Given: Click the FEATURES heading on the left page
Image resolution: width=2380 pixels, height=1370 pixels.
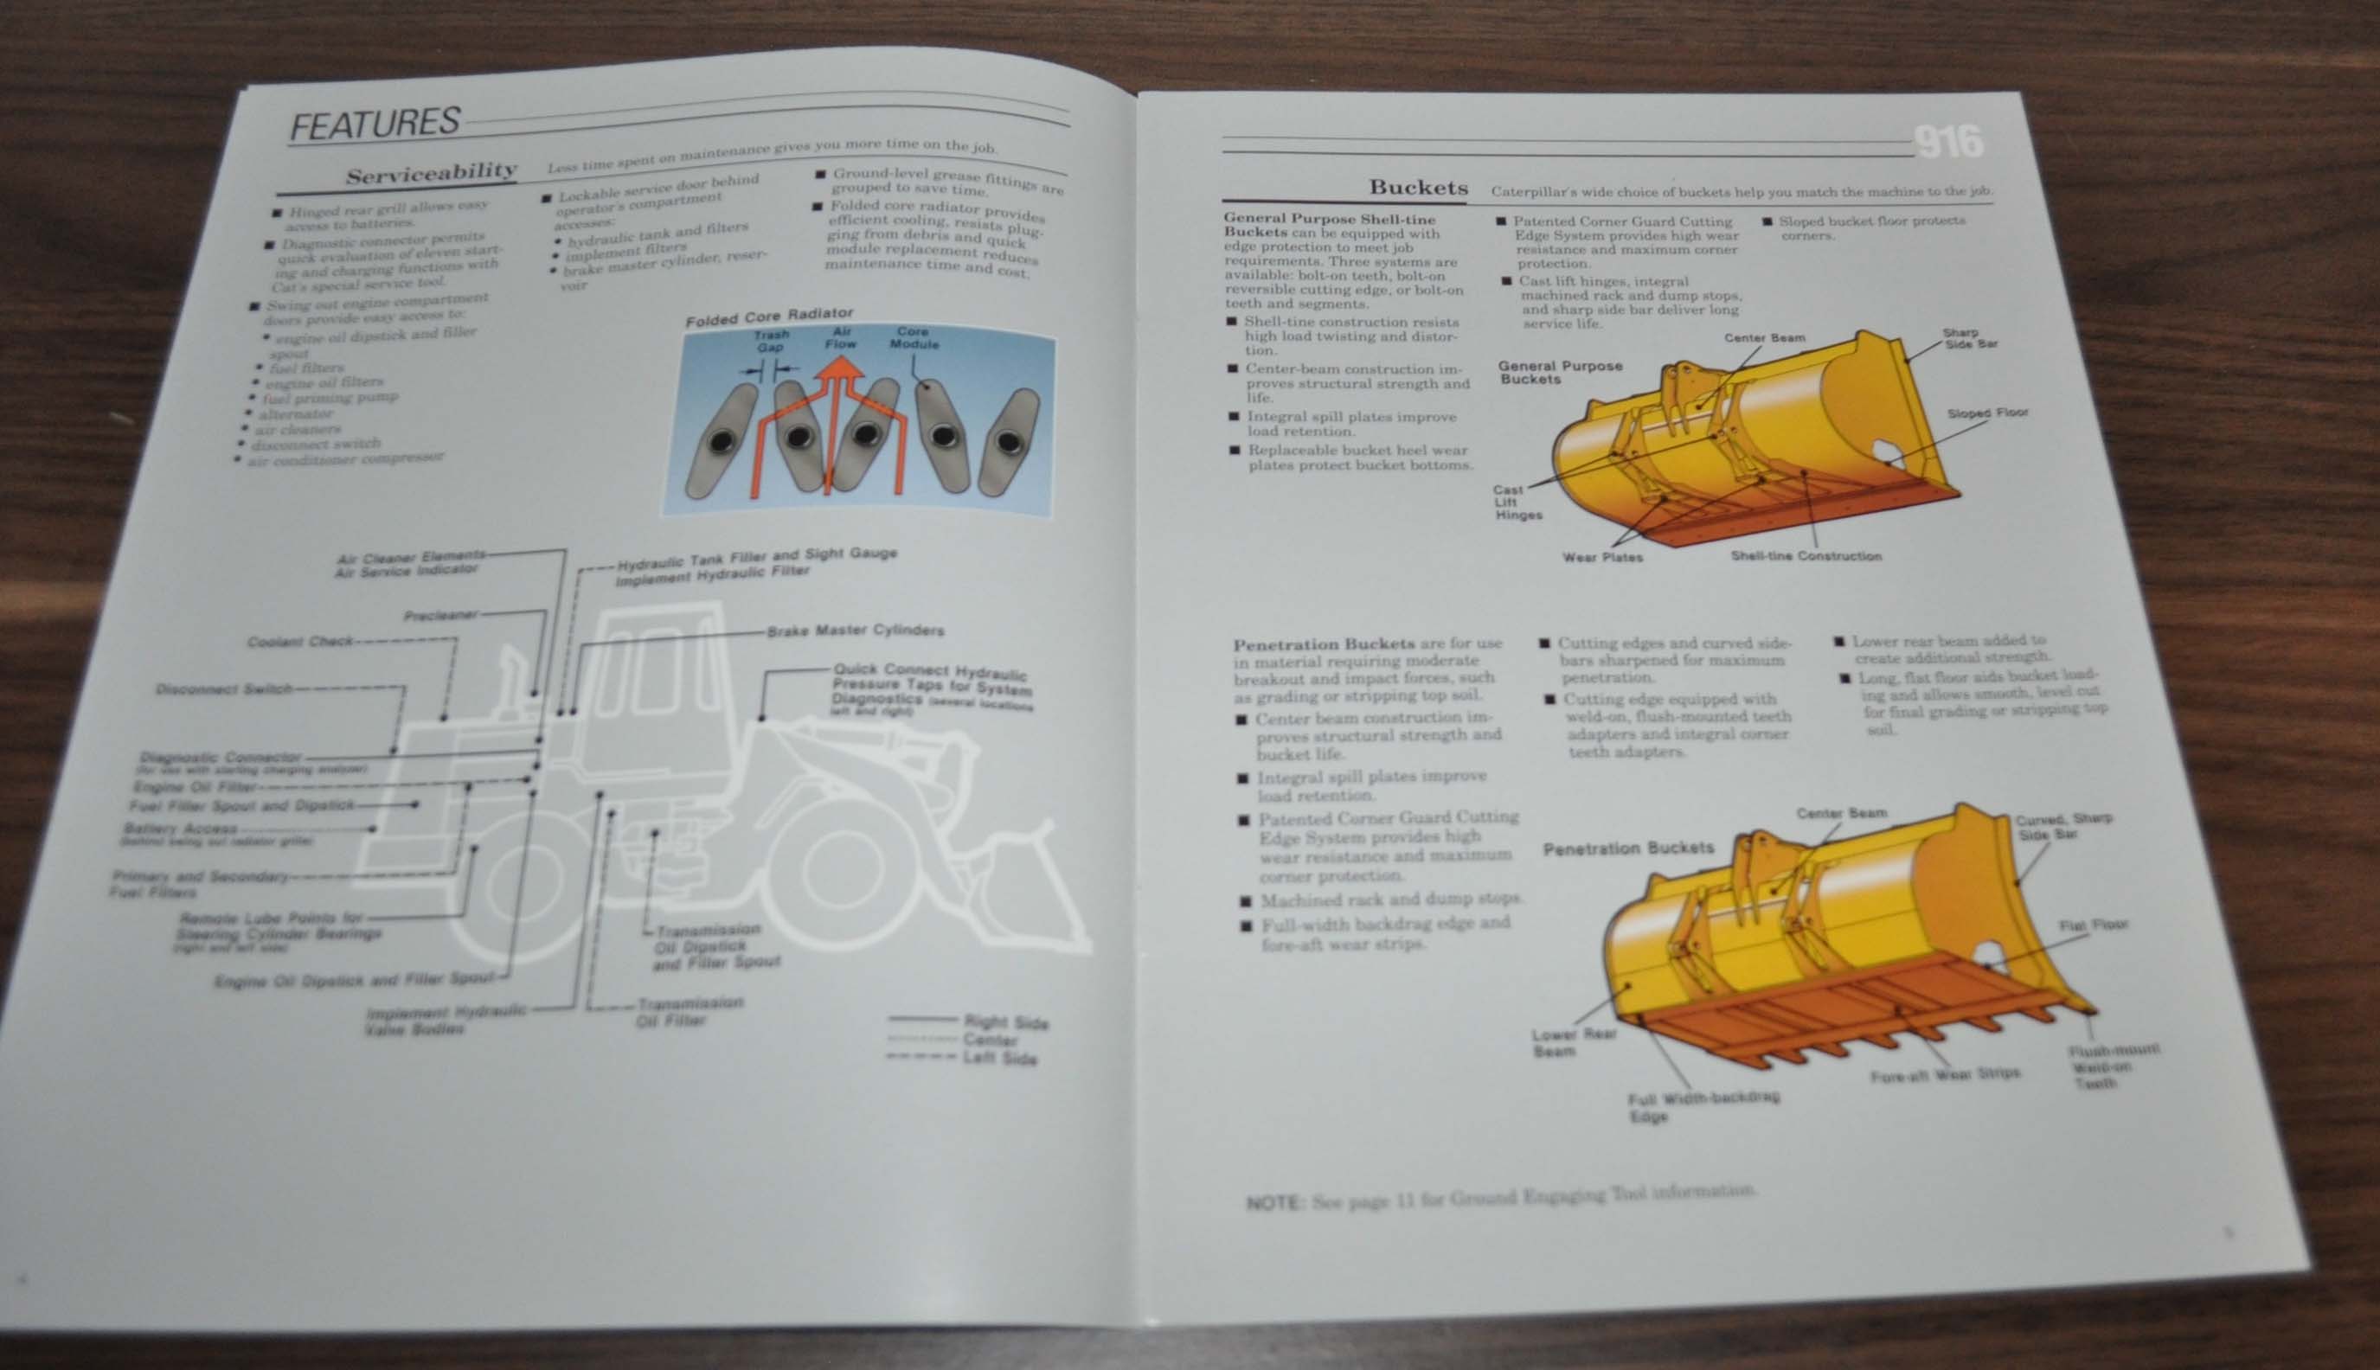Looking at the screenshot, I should tap(375, 124).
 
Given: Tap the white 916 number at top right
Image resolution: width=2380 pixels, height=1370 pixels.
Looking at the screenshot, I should tap(1948, 143).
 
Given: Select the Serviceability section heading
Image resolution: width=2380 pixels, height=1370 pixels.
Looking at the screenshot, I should tap(431, 174).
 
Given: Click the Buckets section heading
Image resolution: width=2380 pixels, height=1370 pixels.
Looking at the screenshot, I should tap(1417, 187).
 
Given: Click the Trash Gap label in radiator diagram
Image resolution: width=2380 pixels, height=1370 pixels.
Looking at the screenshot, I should tap(771, 342).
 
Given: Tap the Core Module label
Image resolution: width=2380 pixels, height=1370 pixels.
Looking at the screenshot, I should tap(914, 338).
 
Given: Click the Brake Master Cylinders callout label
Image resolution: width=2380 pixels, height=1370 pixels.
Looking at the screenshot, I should tap(855, 631).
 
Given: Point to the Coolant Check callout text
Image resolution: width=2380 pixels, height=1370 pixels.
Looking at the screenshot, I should tap(300, 642).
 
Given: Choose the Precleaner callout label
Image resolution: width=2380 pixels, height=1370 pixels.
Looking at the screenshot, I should tap(440, 615).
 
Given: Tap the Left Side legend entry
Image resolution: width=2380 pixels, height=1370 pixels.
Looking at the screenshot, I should tap(998, 1059).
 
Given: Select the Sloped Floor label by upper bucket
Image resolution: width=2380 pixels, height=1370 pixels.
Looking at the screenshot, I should tap(1986, 413).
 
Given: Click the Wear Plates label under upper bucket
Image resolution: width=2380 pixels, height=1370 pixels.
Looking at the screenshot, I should tap(1601, 557).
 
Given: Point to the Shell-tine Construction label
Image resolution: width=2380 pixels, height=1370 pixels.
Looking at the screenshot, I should tap(1805, 556).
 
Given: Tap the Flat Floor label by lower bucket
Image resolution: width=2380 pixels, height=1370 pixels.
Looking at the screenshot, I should tap(2093, 925).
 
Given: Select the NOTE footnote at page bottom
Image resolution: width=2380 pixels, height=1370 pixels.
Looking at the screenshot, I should tap(1500, 1197).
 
